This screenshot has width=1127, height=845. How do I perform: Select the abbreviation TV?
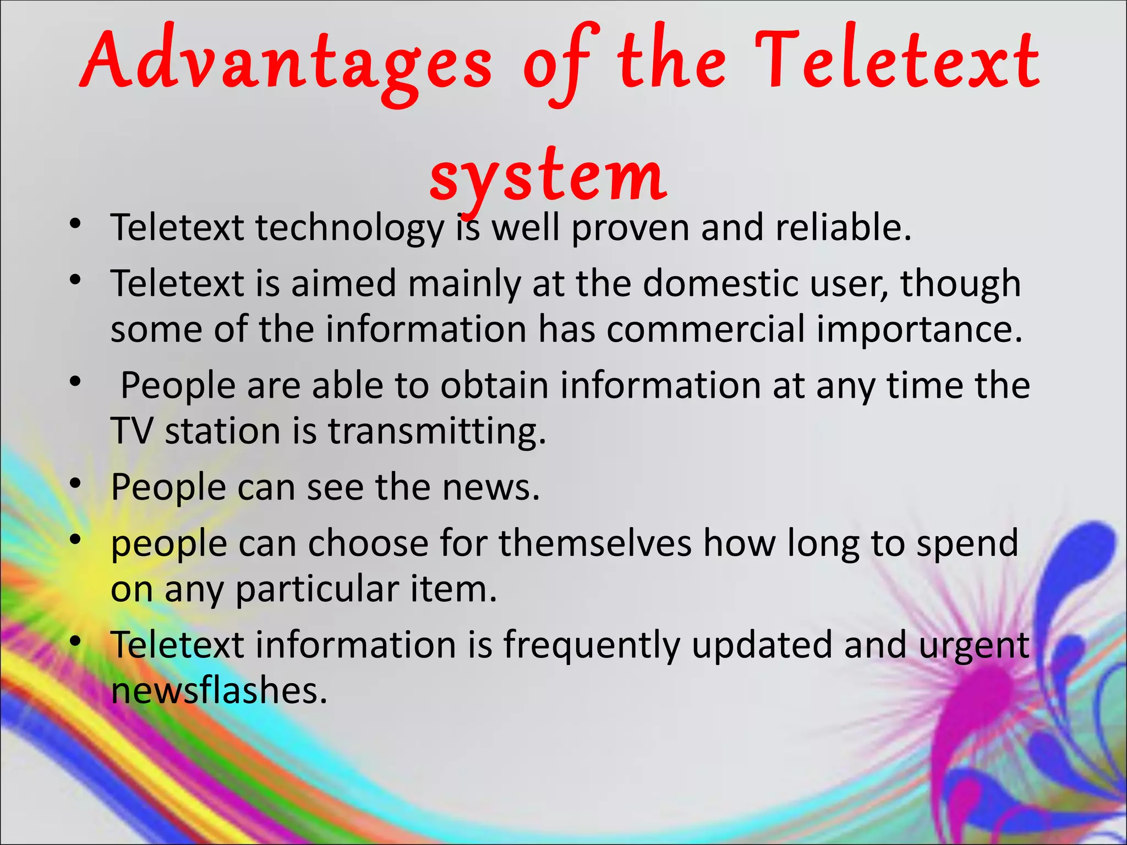click(x=132, y=431)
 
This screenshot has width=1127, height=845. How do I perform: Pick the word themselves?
click(x=595, y=544)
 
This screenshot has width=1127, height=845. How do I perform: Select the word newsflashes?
click(x=219, y=691)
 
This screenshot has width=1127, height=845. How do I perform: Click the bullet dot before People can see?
click(x=75, y=485)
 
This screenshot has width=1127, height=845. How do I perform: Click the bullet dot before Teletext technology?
click(x=75, y=225)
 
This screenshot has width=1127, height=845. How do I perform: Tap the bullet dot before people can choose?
click(x=75, y=540)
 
